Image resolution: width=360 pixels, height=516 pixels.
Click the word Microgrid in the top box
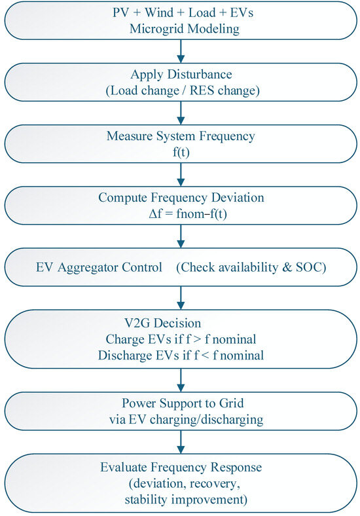pos(153,29)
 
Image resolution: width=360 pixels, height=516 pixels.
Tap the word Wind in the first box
pos(159,12)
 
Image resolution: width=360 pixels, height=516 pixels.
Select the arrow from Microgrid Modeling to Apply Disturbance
pos(181,51)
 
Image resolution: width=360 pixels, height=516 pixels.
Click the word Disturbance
pos(200,74)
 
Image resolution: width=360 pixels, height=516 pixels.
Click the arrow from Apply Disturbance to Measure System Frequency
pos(181,113)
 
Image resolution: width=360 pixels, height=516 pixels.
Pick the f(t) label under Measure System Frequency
pos(181,153)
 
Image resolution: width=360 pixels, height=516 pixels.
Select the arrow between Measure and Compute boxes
pos(181,174)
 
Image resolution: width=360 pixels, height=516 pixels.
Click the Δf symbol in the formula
pos(155,213)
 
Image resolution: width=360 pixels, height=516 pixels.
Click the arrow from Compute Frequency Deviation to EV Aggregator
pos(181,236)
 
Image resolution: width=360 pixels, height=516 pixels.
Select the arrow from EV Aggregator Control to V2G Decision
pos(181,298)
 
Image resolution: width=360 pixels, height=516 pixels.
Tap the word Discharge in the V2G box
pos(121,356)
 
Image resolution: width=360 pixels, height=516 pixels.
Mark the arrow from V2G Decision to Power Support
pos(181,380)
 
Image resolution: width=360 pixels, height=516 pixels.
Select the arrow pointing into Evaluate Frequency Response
pos(181,442)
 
